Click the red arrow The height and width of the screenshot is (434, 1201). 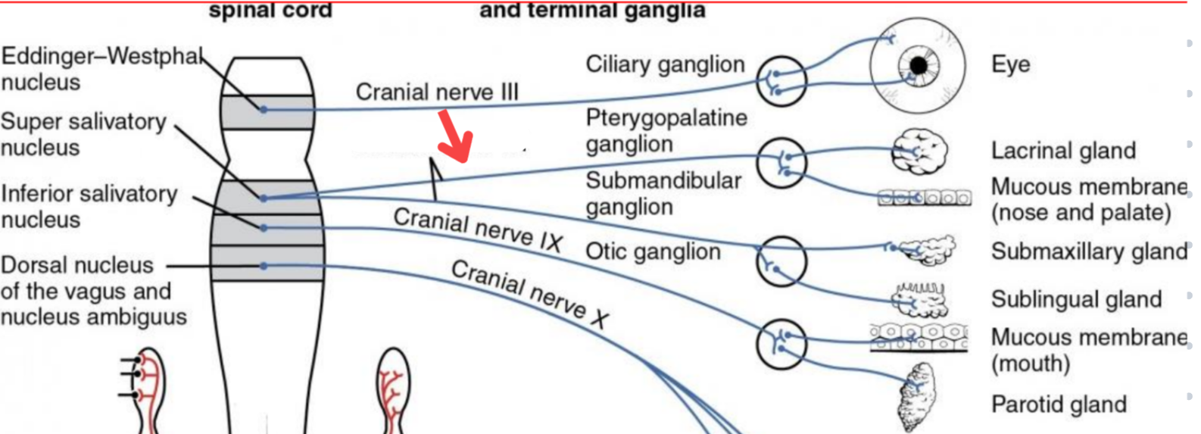coord(457,137)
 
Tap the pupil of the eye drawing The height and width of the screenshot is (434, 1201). coord(919,66)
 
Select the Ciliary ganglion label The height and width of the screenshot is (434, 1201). coord(665,64)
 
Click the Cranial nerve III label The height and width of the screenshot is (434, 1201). coord(437,92)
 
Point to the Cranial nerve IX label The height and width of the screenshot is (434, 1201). coord(478,229)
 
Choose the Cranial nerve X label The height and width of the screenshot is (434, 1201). coord(529,295)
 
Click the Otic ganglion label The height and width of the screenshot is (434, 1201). coord(653,251)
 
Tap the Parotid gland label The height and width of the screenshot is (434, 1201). coord(1059,404)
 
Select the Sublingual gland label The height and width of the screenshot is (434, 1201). coord(1076,299)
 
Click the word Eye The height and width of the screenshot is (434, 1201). coord(1010,64)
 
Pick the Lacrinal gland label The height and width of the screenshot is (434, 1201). coord(1063,151)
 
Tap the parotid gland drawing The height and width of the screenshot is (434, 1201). coord(916,396)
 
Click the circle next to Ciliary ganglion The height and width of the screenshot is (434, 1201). coord(781,80)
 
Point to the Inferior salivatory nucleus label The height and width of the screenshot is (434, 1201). coord(89,206)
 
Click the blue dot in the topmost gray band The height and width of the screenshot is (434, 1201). coord(264,110)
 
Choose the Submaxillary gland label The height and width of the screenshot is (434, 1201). coord(1089,251)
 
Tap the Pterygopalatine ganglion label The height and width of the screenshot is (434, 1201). coord(666,130)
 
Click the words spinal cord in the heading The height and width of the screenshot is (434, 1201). coord(270,11)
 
